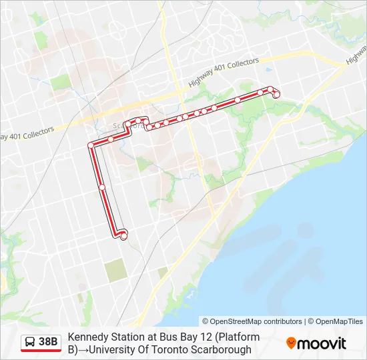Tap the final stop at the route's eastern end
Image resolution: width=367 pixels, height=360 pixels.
point(276,95)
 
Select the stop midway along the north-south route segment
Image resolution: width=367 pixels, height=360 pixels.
point(102,187)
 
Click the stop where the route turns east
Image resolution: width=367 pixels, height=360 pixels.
point(91,145)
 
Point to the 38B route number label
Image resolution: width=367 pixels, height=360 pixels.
point(48,342)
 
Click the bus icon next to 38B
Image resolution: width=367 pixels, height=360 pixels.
point(30,342)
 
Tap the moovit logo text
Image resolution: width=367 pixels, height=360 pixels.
point(322,343)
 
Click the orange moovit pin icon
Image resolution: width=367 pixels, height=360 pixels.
point(291,343)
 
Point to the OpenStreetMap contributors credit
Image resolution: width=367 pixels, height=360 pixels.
point(252,321)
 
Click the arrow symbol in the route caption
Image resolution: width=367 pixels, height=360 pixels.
point(83,349)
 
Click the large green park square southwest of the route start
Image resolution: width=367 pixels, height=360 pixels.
point(115,270)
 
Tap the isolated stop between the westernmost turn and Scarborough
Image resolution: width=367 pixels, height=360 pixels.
point(111,139)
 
